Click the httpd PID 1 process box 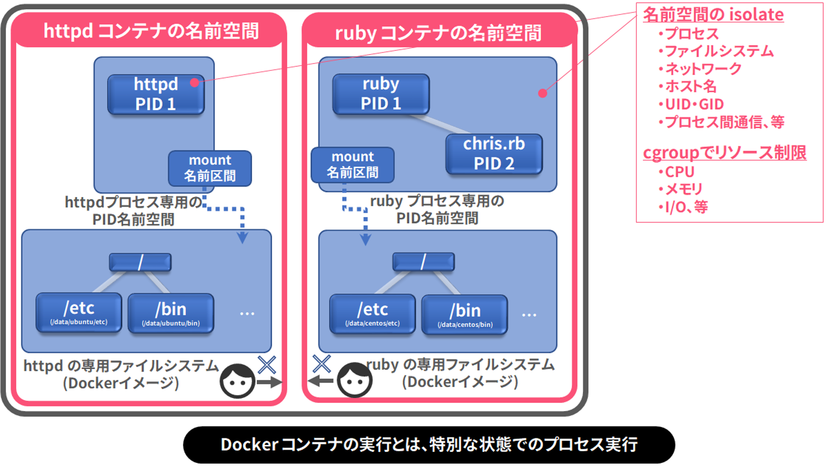(156, 94)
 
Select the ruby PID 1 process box (381, 94)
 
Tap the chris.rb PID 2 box (494, 154)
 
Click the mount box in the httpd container (210, 168)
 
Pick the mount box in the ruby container (353, 165)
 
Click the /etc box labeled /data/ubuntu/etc (79, 312)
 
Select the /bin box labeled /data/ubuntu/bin (171, 313)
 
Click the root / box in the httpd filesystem (140, 262)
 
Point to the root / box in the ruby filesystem (423, 262)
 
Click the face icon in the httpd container (237, 381)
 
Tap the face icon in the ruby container (355, 380)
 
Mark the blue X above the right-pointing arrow (267, 365)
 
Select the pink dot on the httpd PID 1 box (195, 83)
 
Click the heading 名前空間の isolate (713, 15)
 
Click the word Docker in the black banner (249, 445)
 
